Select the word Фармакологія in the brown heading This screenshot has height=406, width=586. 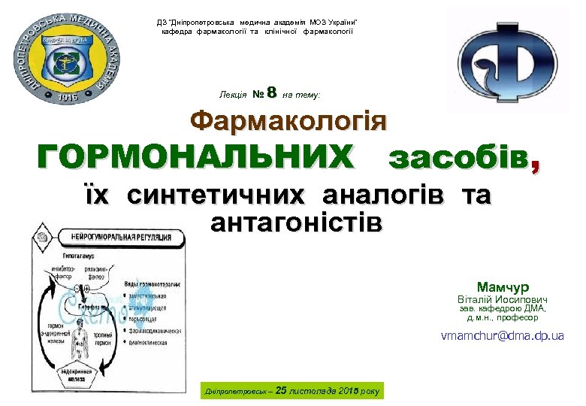(x=288, y=121)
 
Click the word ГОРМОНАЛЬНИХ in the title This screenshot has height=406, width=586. (x=195, y=158)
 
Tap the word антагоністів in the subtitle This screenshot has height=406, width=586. (x=297, y=223)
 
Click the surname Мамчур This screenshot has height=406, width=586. (x=503, y=286)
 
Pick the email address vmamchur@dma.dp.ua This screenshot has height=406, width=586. (x=503, y=336)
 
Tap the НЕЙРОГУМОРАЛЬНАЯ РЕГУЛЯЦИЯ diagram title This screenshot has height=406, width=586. (x=120, y=237)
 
